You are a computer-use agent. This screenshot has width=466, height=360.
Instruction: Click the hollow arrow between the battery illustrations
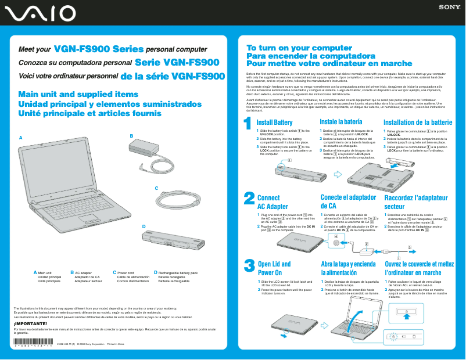[339, 174]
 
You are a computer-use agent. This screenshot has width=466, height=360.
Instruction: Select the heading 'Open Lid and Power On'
[274, 268]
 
